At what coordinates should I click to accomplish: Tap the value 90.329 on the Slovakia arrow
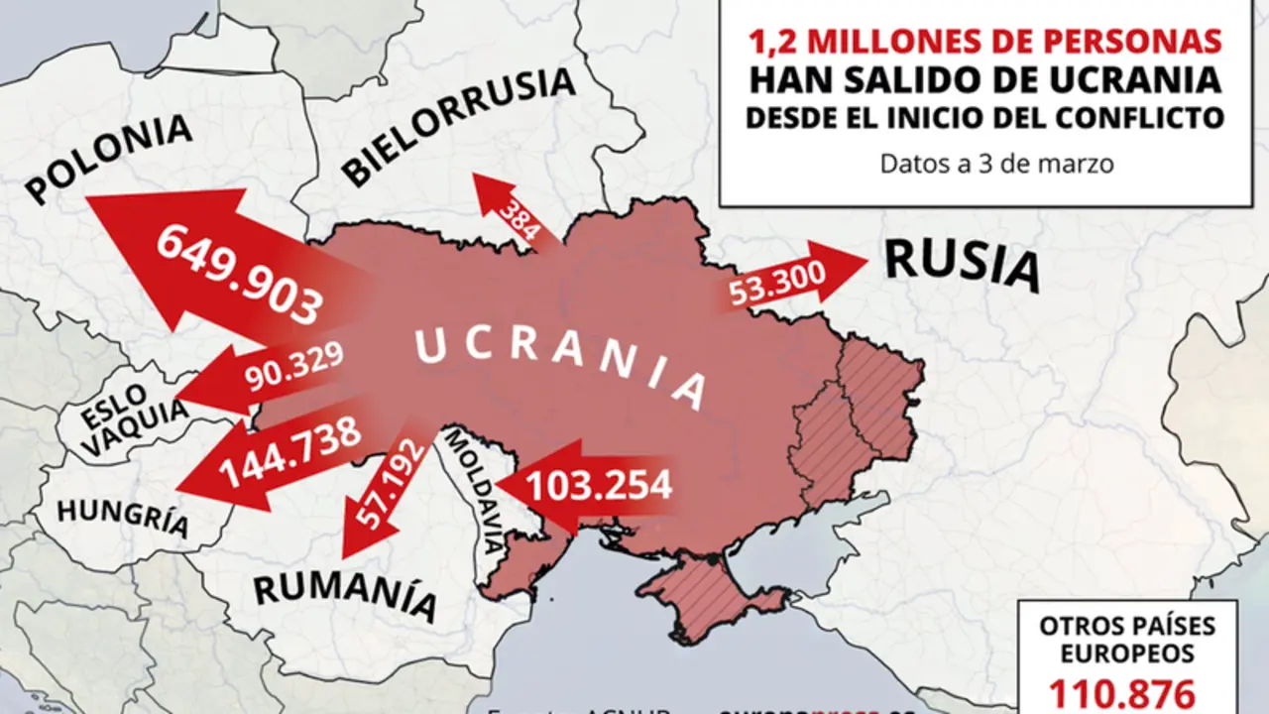[x=293, y=367]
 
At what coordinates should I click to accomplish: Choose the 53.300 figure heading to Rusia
[x=777, y=288]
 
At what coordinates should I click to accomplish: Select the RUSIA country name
[x=962, y=265]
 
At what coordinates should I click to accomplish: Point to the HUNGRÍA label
[x=122, y=516]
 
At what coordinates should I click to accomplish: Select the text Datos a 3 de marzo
[x=996, y=164]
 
